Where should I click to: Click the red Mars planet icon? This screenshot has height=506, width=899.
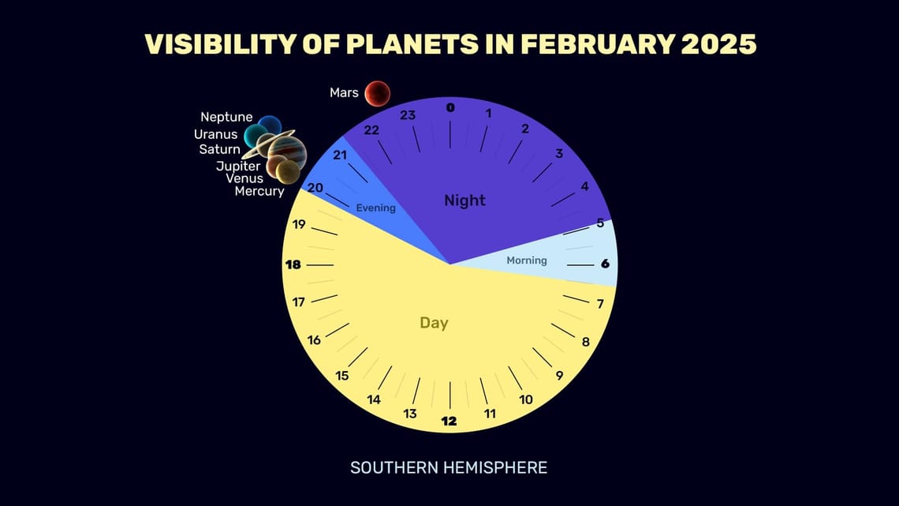[x=376, y=93]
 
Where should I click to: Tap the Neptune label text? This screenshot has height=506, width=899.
[x=226, y=118]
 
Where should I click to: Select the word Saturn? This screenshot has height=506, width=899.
[x=219, y=149]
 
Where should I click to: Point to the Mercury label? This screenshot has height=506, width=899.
[x=259, y=191]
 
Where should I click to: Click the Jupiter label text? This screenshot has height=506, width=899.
[x=239, y=166]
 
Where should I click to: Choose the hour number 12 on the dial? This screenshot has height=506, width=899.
[x=449, y=421]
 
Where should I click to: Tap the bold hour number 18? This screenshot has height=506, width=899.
[x=293, y=264]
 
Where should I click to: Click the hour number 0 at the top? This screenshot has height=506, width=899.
[x=450, y=108]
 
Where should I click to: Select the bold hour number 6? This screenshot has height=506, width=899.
[x=605, y=264]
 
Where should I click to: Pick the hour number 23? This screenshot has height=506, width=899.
[x=408, y=115]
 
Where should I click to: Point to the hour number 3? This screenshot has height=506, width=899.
[x=559, y=153]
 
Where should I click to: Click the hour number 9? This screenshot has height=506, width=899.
[x=559, y=375]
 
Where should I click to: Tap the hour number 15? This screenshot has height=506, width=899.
[x=341, y=376]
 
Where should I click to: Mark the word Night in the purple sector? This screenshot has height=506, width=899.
[x=464, y=201]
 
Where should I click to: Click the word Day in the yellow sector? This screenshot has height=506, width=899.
[x=434, y=323]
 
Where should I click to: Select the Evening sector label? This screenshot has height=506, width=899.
[x=375, y=208]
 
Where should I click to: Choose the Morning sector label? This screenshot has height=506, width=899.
[x=527, y=260]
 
